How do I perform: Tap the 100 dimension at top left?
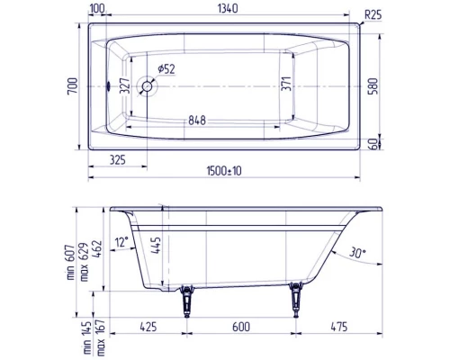coord(97,10)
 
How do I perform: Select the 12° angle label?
coord(121,242)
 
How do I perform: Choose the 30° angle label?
coord(356,255)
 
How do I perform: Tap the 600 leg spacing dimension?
coord(240,328)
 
